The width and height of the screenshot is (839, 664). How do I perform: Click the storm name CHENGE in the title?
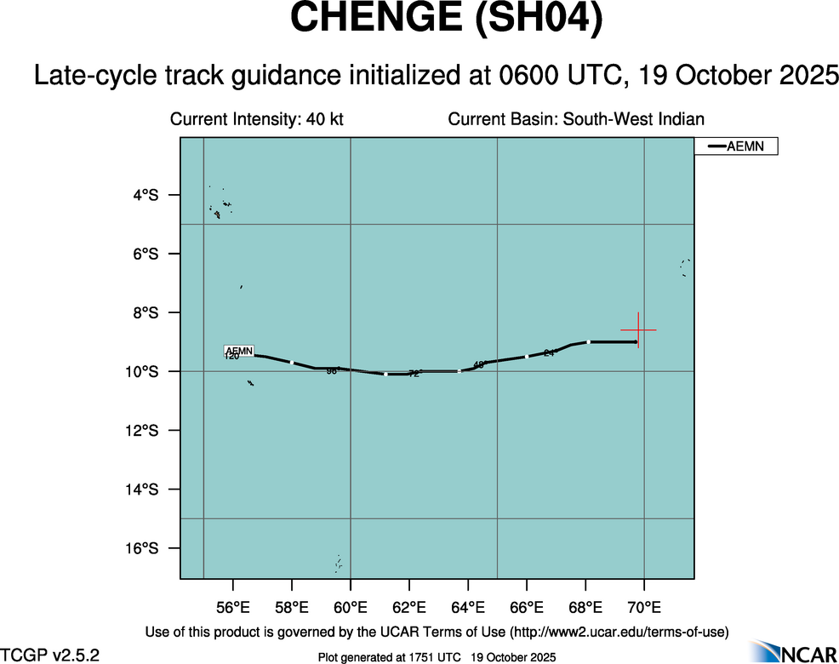374,20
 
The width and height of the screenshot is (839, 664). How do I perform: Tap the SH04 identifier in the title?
538,20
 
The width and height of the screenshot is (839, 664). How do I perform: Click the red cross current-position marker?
637,329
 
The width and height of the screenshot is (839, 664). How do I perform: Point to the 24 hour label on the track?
550,352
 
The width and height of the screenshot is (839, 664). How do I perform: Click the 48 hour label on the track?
478,364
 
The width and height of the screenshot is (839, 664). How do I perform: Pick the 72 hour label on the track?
414,374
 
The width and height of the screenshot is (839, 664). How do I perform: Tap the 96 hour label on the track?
332,370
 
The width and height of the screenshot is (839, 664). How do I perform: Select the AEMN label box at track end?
238,351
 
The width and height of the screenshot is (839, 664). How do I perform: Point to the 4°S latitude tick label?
146,195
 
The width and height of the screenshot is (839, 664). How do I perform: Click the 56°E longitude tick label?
233,608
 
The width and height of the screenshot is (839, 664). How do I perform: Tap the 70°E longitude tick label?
644,608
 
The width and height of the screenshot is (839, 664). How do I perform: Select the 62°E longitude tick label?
409,608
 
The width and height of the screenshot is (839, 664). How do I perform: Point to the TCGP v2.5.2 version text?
50,655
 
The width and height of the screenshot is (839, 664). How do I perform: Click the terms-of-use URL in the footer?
619,632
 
